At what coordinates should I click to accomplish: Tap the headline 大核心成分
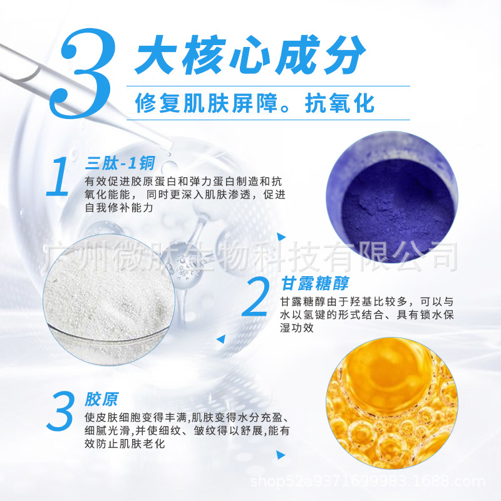tap(250, 56)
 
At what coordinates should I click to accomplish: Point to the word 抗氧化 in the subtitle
tap(339, 103)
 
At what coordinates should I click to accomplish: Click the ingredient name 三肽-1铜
tap(120, 163)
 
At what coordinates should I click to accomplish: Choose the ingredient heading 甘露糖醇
tap(315, 284)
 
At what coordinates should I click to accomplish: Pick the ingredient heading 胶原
tap(101, 399)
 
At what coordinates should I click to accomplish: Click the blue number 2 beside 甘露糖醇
tap(255, 297)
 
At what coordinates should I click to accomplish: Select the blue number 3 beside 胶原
tap(61, 411)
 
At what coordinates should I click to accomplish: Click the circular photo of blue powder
tap(392, 197)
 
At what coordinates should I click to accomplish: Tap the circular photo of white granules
tap(109, 301)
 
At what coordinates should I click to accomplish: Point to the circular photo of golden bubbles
tap(392, 403)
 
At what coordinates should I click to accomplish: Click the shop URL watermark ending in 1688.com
tap(368, 481)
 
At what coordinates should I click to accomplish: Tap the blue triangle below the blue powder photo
tap(281, 237)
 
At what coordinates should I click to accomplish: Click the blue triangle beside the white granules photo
tap(221, 339)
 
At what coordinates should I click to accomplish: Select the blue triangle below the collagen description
tap(281, 455)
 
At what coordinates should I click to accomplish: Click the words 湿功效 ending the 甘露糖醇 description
tap(297, 328)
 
